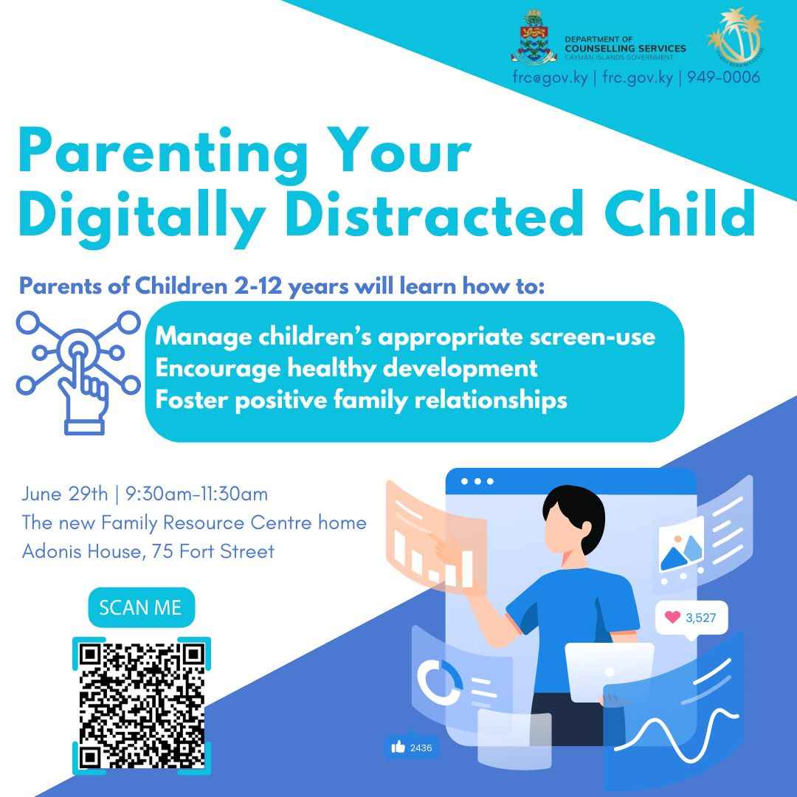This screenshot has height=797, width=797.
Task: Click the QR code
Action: pos(141,705)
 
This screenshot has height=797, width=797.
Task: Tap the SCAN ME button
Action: pos(140,607)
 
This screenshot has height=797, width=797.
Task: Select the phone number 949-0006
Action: pos(722,77)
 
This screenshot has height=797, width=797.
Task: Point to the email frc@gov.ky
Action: pos(550,77)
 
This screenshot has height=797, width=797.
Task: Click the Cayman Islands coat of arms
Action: pos(533,38)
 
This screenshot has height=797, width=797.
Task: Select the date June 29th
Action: pos(64,493)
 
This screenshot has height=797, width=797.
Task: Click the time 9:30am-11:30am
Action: pos(196,493)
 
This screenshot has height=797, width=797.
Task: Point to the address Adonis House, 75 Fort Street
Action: pos(148,551)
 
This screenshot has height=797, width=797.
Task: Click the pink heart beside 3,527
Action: pos(672,617)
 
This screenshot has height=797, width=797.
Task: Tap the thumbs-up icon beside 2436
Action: pos(398,748)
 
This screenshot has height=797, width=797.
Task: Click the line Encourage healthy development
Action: pos(346,368)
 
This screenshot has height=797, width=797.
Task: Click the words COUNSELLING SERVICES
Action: pos(624,48)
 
